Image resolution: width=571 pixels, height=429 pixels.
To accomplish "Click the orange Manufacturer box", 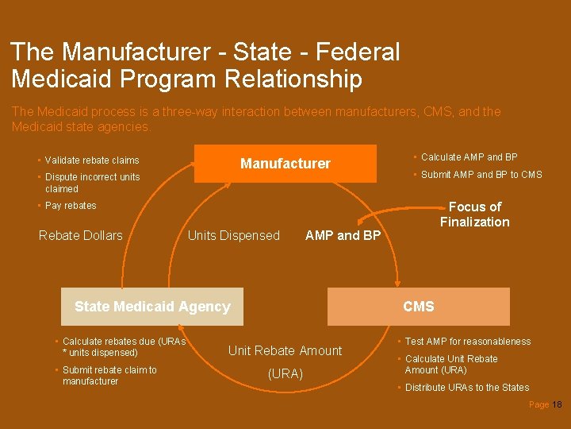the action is click(285, 164).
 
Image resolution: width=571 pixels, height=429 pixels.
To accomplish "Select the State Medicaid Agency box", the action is click(152, 307).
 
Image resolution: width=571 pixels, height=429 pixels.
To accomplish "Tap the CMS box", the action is click(419, 307).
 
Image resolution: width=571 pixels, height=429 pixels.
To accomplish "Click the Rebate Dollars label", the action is click(81, 235).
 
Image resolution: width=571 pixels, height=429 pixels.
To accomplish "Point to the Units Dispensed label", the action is click(233, 235).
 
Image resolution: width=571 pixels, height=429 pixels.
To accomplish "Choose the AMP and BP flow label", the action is click(343, 235).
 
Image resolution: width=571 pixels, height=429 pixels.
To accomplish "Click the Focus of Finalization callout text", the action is click(474, 214).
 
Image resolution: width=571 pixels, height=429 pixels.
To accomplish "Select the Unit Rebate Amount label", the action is click(285, 350).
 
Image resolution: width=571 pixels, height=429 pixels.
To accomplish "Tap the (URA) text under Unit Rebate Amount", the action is click(285, 373).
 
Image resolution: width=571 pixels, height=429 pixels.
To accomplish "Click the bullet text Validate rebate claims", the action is click(91, 160).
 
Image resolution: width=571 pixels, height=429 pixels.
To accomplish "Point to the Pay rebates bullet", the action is click(71, 206).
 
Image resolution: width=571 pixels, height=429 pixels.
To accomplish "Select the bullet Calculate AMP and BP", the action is click(469, 157).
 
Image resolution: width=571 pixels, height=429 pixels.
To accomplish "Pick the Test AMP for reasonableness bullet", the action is click(468, 342).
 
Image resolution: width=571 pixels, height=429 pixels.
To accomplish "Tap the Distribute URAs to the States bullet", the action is click(466, 388).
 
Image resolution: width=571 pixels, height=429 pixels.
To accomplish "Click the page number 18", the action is click(557, 405).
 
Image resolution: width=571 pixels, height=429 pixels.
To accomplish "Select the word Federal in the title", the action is click(358, 52).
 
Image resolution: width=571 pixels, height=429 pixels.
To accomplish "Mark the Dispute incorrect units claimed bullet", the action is click(92, 183).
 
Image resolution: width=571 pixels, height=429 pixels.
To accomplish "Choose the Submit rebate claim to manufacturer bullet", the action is click(109, 376).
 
